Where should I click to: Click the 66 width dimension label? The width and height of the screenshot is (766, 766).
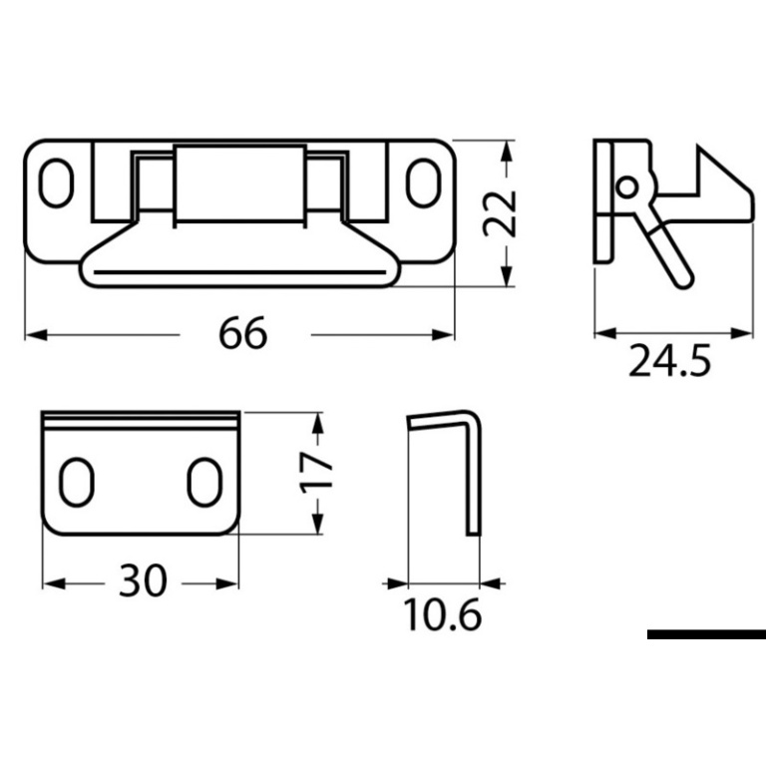pos(242,333)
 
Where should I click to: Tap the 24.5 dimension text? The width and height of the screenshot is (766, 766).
pos(669,360)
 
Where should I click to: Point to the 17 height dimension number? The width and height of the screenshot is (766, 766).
pos(316,473)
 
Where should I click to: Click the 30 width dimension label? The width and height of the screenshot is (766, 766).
pos(143,580)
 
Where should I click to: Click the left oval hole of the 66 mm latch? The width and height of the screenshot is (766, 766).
pos(56,183)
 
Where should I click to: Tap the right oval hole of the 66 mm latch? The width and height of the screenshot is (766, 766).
pos(424,183)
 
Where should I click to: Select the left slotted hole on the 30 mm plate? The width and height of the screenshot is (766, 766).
pos(76,482)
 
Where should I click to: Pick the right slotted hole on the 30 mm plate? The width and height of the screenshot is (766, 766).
pos(204,482)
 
